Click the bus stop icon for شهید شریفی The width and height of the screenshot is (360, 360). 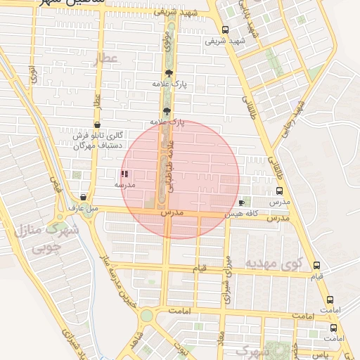point(225,30)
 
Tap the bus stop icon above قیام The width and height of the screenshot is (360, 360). point(316,266)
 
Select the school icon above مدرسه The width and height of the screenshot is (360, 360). point(125,173)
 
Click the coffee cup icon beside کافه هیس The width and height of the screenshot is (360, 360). point(243,202)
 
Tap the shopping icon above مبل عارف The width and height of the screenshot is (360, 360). point(84,198)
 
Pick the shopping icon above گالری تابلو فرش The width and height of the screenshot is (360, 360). point(97,124)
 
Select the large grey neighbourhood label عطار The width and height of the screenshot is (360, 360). point(109,59)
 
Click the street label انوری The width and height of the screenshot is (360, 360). point(32,77)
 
